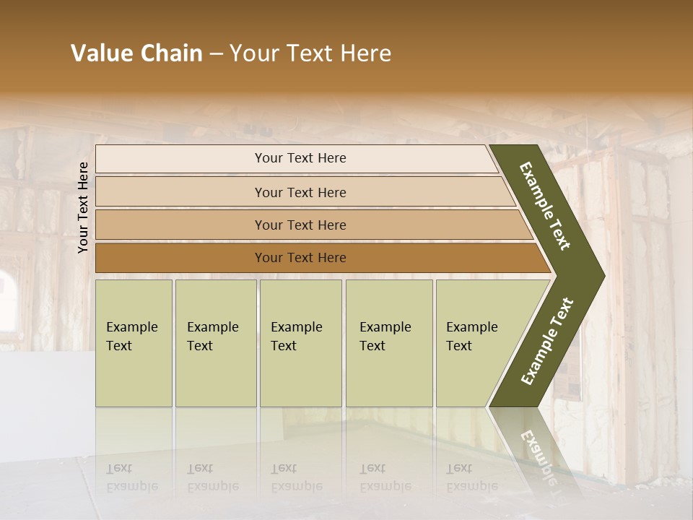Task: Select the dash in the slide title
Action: [216, 54]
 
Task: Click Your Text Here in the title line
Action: [310, 53]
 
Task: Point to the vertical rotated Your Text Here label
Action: [83, 207]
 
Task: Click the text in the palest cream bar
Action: [300, 158]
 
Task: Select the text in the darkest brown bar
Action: [300, 258]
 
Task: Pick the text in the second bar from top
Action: [300, 193]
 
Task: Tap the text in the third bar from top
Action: [300, 225]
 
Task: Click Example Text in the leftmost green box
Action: [131, 337]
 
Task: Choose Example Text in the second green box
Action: [212, 337]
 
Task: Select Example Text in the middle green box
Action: [296, 337]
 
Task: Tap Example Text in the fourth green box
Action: [385, 337]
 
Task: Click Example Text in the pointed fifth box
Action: [471, 337]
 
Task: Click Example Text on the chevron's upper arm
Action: [545, 206]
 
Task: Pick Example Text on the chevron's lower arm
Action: [547, 341]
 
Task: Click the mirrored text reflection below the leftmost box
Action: [131, 477]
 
